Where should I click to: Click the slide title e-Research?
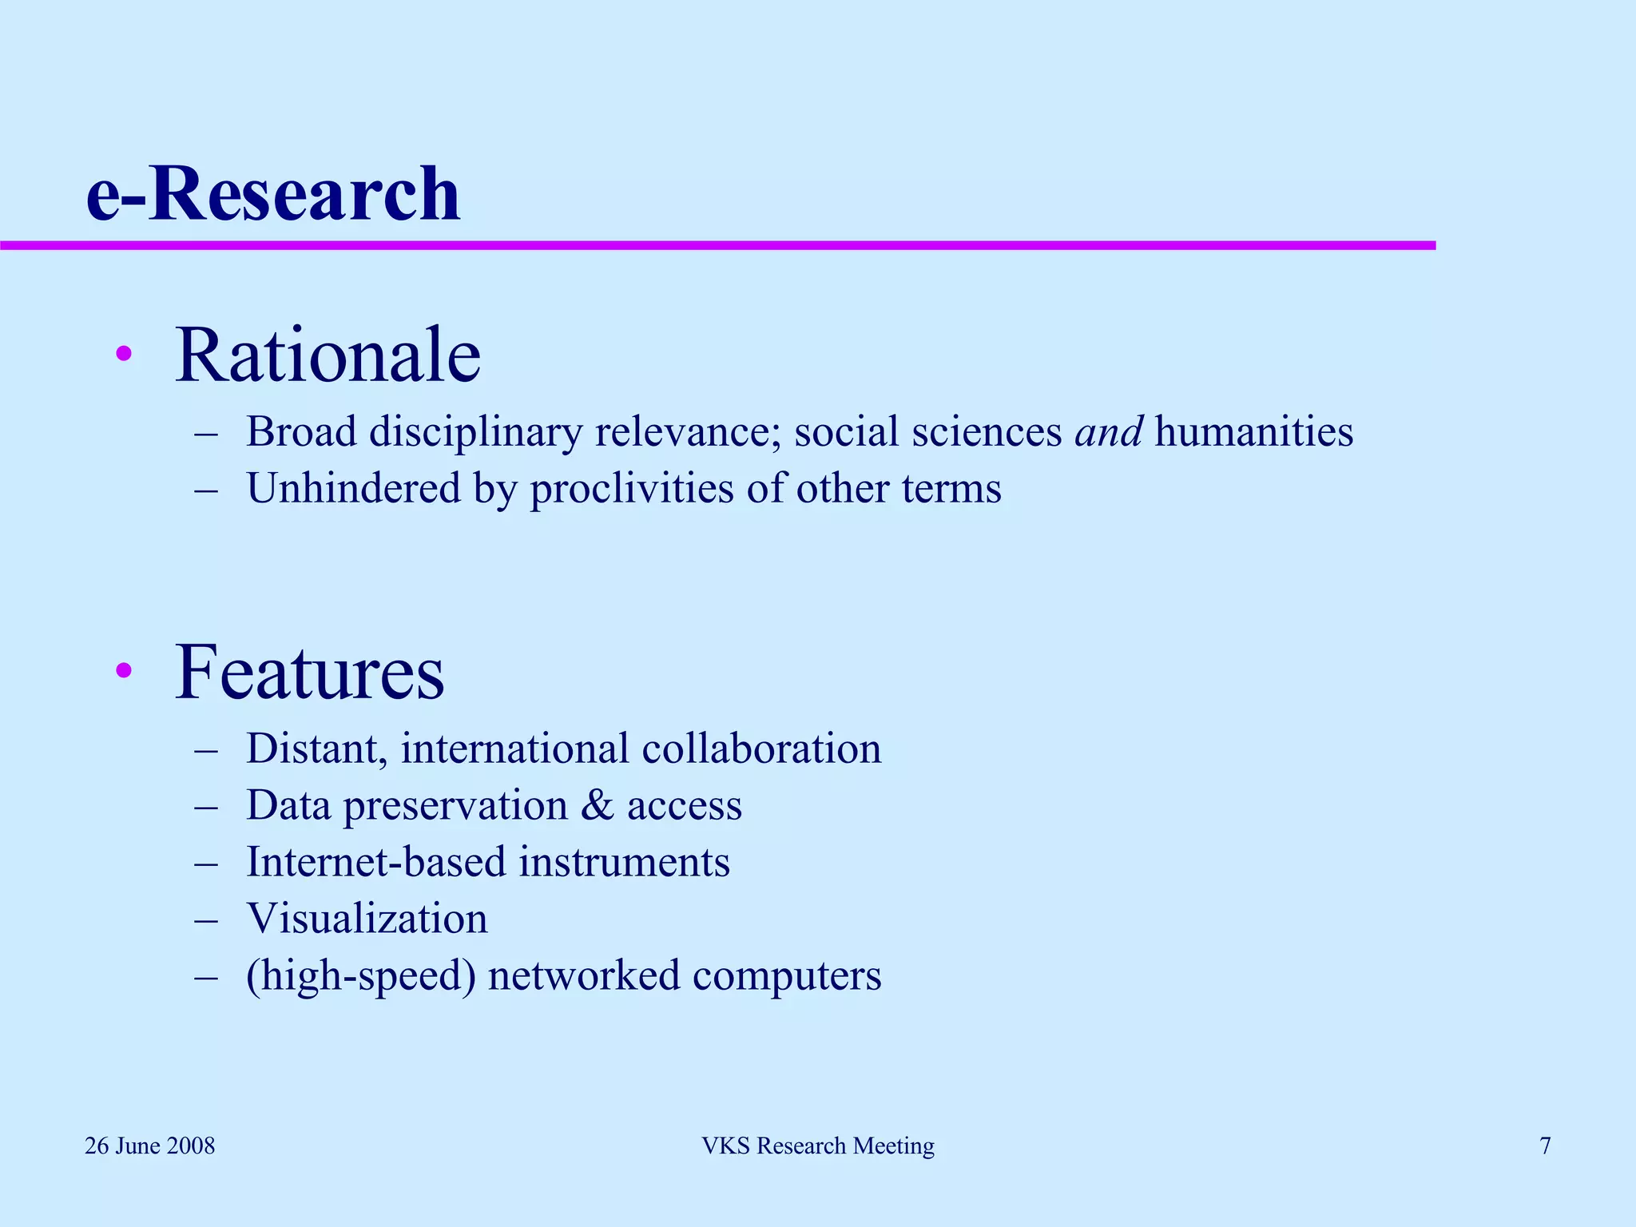point(273,194)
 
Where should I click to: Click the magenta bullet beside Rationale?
point(123,354)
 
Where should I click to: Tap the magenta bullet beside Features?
point(123,670)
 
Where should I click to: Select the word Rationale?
point(328,355)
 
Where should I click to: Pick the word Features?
point(309,673)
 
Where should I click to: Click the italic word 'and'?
point(1109,432)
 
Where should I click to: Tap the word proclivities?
point(632,490)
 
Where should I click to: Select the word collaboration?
point(761,749)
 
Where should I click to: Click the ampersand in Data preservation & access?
point(597,805)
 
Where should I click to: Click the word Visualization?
point(367,919)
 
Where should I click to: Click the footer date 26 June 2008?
point(150,1146)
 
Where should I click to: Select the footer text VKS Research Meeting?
point(818,1146)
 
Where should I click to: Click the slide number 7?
point(1545,1146)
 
